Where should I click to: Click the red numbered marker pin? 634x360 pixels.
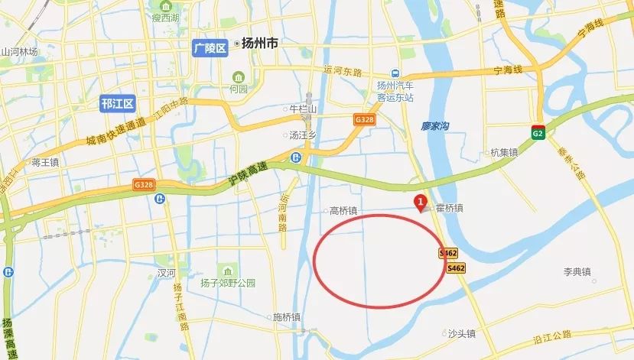419,203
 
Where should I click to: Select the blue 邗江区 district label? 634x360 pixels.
117,104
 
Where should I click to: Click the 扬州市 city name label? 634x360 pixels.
257,44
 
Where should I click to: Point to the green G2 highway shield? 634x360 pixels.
538,133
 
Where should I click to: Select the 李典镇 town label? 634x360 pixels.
578,271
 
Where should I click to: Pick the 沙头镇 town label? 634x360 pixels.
462,333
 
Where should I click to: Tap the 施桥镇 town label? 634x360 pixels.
287,316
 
